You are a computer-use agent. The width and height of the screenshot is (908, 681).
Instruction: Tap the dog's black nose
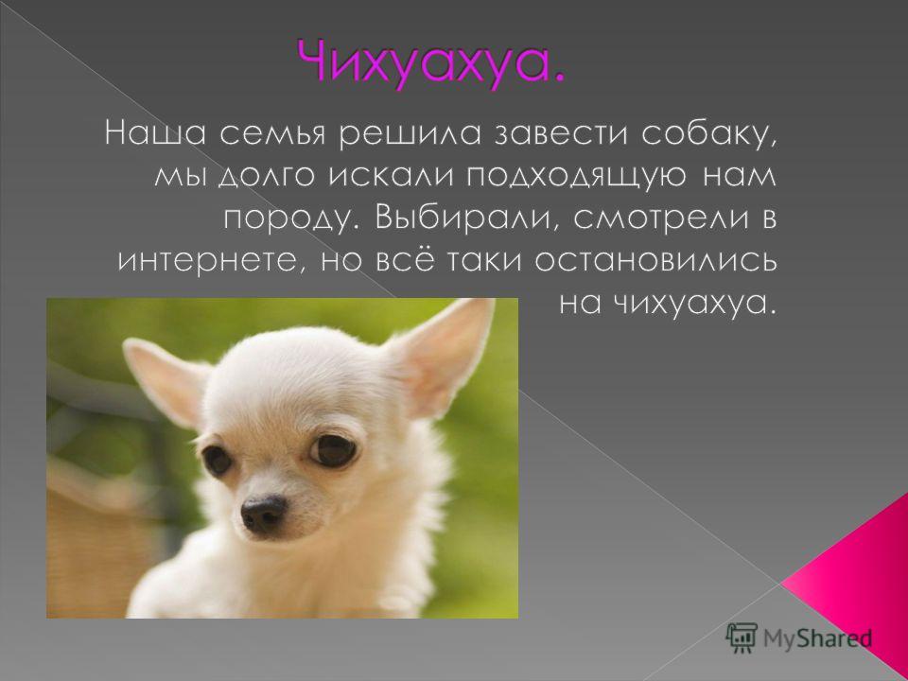coord(264,512)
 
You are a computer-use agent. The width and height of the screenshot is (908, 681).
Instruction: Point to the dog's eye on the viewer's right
coord(334,448)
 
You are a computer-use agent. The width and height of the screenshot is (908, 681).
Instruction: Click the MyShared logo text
coord(817,637)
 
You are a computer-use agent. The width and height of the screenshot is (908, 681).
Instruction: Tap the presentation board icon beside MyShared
coord(742,637)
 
